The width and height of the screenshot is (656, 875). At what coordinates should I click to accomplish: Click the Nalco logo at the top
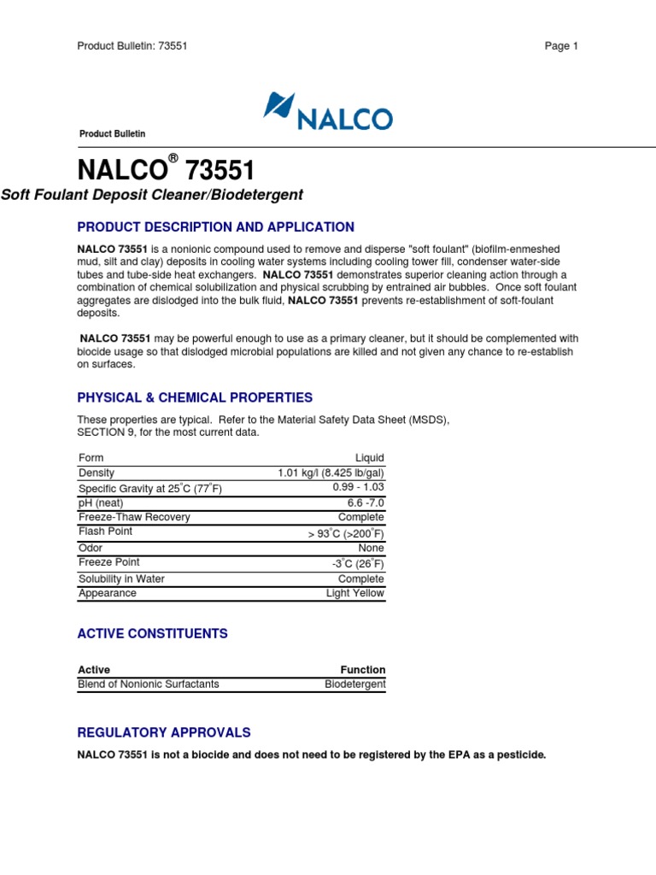click(328, 112)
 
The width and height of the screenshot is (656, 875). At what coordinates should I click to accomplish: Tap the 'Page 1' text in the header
click(561, 46)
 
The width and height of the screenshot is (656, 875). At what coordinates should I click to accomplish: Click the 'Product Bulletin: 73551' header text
click(132, 46)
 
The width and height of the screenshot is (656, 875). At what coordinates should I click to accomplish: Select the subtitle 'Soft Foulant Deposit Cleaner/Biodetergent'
click(152, 195)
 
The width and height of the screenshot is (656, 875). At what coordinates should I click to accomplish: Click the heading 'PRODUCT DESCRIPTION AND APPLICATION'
click(215, 227)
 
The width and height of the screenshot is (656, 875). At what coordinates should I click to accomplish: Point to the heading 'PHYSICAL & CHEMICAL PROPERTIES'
click(195, 397)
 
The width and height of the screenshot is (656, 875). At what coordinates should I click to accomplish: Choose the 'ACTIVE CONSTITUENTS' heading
click(152, 633)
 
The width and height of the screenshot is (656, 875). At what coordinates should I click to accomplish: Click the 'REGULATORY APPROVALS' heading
click(164, 732)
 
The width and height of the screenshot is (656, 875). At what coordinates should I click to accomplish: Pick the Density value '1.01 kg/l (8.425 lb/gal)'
click(331, 473)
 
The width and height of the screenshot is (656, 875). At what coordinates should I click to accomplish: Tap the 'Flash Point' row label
click(105, 531)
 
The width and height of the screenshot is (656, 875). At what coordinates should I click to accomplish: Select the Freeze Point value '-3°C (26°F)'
click(358, 563)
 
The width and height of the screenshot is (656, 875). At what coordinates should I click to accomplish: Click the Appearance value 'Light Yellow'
click(355, 593)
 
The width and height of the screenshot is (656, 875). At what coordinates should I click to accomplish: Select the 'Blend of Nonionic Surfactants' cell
click(149, 684)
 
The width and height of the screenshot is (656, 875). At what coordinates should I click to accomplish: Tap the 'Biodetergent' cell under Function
click(354, 684)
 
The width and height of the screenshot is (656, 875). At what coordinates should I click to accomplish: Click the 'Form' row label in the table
click(91, 458)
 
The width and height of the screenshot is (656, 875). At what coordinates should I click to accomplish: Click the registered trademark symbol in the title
click(173, 158)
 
